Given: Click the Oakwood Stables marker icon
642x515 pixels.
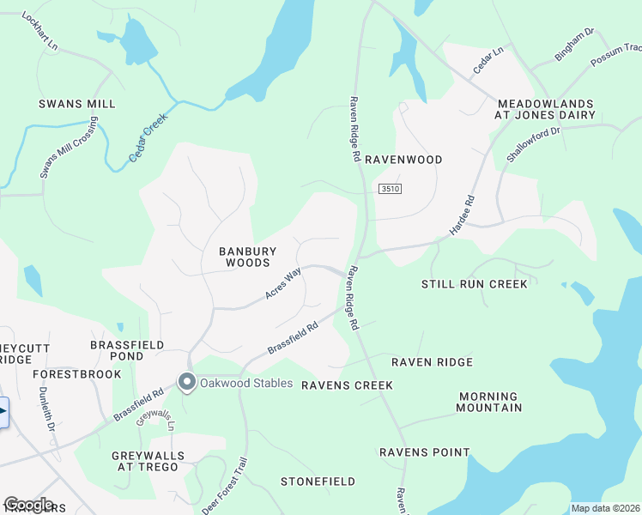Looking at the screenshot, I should (x=185, y=382).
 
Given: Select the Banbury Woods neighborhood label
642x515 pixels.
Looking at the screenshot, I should (x=248, y=257).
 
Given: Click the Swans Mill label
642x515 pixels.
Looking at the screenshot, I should (x=76, y=104).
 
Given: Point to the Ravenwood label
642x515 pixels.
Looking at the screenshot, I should (x=403, y=160).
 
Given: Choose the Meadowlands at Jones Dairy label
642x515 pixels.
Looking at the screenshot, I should (x=557, y=109).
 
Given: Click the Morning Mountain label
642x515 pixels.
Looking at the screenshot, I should (x=489, y=402).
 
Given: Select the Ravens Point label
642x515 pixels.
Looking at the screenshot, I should (x=425, y=452).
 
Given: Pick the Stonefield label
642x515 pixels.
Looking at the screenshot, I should (x=318, y=482).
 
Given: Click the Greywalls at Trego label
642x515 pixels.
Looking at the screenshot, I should (x=145, y=461).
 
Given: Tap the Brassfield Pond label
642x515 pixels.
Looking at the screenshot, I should (x=128, y=349).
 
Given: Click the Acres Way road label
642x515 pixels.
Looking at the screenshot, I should (x=283, y=283).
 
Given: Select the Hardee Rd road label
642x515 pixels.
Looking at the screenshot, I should (x=462, y=217).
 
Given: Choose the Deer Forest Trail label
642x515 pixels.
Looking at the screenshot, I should (x=225, y=486).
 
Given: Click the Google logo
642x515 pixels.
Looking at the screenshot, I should (x=28, y=505).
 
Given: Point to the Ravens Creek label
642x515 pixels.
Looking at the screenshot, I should (x=347, y=385).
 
